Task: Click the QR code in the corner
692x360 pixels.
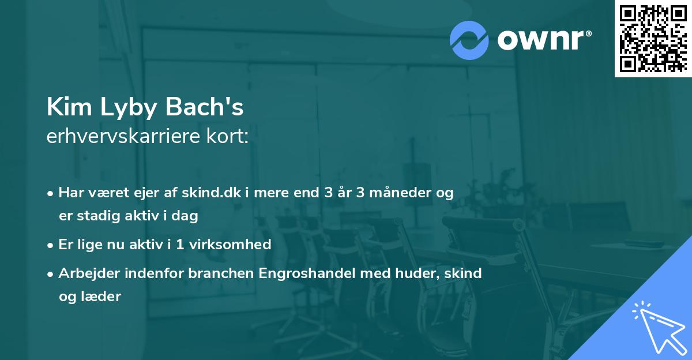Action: pyautogui.click(x=653, y=38)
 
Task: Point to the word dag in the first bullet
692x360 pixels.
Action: pyautogui.click(x=186, y=216)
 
